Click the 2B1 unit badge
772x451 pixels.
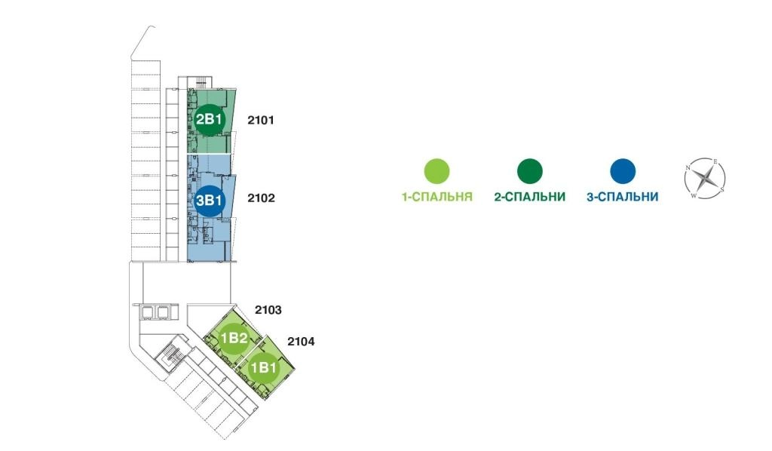click(x=210, y=119)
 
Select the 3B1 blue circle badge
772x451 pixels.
click(x=210, y=201)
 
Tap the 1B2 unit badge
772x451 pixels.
click(x=234, y=338)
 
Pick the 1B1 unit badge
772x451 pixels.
click(x=263, y=368)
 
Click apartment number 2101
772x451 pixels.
click(x=260, y=120)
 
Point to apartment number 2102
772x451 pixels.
click(x=261, y=198)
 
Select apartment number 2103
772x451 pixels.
click(x=268, y=310)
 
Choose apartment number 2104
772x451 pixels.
click(x=301, y=341)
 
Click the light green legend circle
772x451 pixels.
click(x=437, y=171)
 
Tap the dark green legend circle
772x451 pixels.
click(x=530, y=171)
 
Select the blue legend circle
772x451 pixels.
click(x=623, y=171)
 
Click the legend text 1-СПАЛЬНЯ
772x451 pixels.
click(x=437, y=197)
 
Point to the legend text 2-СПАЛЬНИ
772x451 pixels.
click(x=530, y=197)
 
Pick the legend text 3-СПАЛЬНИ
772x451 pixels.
click(x=622, y=197)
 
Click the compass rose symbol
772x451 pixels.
click(x=705, y=179)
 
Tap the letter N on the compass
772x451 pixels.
click(x=688, y=168)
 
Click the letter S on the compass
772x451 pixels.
click(x=722, y=189)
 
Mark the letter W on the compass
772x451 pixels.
click(x=694, y=195)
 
